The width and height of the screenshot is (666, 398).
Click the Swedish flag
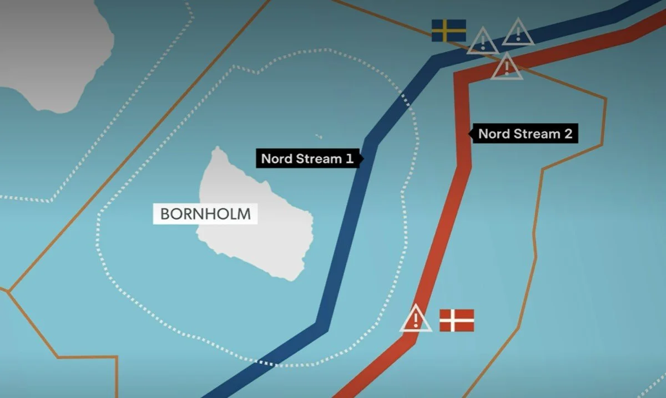point(448,30)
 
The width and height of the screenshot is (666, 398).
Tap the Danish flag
point(457,320)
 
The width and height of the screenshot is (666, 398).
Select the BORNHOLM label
point(205,213)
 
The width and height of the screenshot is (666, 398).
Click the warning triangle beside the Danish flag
point(416,320)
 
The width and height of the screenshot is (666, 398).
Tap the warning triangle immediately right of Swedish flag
point(483,42)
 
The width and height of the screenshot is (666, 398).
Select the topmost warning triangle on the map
point(518,33)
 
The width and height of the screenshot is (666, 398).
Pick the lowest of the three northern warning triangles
point(506,67)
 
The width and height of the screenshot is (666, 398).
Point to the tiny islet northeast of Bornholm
point(319,136)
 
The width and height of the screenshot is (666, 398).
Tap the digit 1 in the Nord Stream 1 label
point(350,159)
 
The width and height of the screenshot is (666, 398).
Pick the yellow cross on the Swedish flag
point(445,30)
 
